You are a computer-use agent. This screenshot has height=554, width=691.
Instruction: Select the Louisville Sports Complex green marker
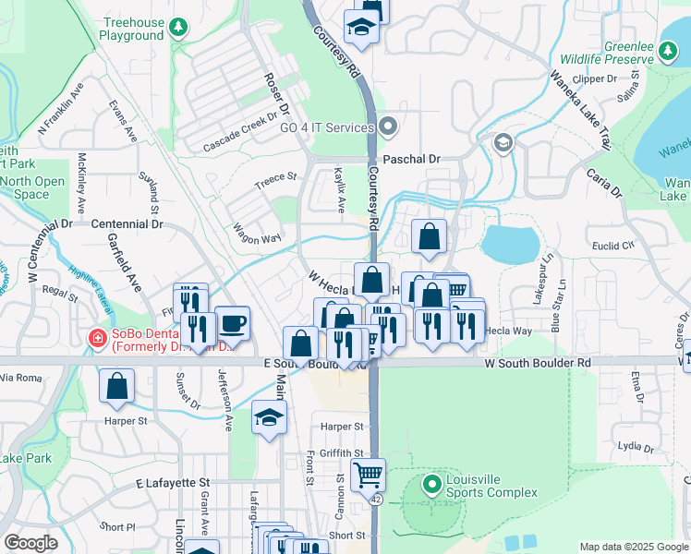click(x=430, y=484)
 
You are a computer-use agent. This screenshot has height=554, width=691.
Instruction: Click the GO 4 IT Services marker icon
click(x=388, y=126)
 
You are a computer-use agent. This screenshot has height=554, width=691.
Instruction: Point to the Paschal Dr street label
click(x=412, y=159)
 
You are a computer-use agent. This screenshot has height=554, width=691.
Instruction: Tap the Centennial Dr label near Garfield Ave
click(x=127, y=223)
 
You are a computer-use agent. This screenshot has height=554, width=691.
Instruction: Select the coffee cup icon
click(x=232, y=324)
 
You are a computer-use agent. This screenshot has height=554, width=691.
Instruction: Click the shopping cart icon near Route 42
click(x=368, y=475)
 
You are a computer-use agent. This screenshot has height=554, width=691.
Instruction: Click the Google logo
click(x=30, y=543)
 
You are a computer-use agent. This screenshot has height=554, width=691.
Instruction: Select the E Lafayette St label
click(x=173, y=483)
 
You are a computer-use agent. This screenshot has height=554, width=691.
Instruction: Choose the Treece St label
click(x=276, y=177)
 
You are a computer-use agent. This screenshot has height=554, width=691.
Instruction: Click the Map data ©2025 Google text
click(x=634, y=547)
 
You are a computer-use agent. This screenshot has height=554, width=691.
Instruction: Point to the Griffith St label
click(x=343, y=452)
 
